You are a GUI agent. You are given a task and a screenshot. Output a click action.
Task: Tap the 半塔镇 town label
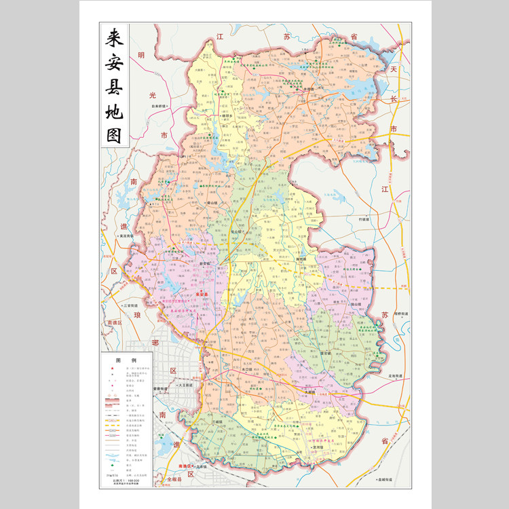point(309,88)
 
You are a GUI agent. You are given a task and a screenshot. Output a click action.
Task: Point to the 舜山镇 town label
point(212,202)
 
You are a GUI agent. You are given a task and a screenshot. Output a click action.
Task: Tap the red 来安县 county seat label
point(201,293)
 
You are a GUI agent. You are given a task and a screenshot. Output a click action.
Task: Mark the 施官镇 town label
point(301,259)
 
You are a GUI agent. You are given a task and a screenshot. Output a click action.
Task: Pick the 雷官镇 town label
point(325,353)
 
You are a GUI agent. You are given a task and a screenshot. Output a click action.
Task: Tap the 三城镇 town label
point(217,422)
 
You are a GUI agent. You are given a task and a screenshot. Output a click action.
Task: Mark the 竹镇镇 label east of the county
point(364,219)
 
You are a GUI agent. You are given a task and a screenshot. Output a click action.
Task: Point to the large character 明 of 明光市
point(141,56)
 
